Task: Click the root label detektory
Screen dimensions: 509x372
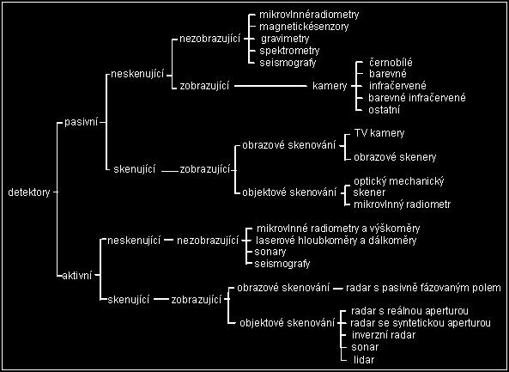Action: (29, 192)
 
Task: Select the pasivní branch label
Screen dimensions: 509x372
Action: (82, 123)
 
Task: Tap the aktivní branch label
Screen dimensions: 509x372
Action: (77, 275)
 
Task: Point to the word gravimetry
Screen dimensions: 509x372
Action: (285, 39)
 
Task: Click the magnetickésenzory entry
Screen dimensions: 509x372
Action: (304, 27)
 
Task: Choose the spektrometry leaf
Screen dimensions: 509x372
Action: (289, 51)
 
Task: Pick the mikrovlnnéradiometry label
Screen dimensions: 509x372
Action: (309, 15)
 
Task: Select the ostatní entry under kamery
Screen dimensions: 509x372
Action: (384, 109)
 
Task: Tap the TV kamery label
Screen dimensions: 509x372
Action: (379, 133)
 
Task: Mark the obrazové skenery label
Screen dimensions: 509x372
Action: (395, 157)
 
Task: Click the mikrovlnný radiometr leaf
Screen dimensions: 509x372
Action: (403, 204)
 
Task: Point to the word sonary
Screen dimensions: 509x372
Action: (270, 252)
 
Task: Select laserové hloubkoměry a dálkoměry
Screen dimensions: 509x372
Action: (336, 240)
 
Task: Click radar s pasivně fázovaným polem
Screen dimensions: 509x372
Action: (423, 288)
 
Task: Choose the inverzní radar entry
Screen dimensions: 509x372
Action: (384, 335)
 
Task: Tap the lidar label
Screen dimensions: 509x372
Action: (364, 360)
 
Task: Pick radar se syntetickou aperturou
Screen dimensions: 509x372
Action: (421, 323)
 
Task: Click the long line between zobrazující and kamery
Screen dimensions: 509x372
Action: (270, 86)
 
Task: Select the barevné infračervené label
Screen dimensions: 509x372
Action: (417, 97)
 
